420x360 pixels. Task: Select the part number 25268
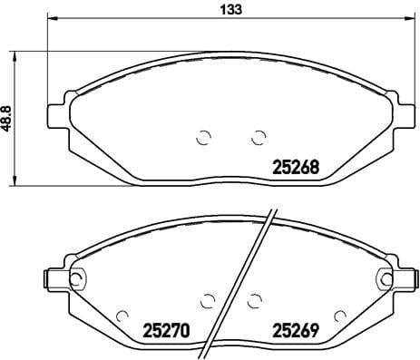(294, 167)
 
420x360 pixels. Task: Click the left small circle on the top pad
(203, 138)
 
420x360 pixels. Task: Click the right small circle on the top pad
(257, 137)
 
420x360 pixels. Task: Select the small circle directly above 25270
(206, 299)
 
